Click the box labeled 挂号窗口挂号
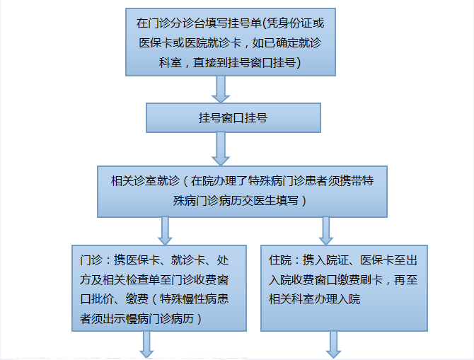[x=233, y=118]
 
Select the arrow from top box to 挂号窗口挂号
[x=221, y=88]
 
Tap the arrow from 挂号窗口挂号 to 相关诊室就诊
[x=221, y=148]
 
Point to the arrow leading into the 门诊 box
[x=166, y=230]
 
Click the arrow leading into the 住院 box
[x=327, y=230]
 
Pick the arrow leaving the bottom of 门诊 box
[x=148, y=345]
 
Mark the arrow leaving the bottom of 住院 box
[x=334, y=345]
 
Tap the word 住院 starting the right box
[x=280, y=260]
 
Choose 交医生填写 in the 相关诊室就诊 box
[x=266, y=201]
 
